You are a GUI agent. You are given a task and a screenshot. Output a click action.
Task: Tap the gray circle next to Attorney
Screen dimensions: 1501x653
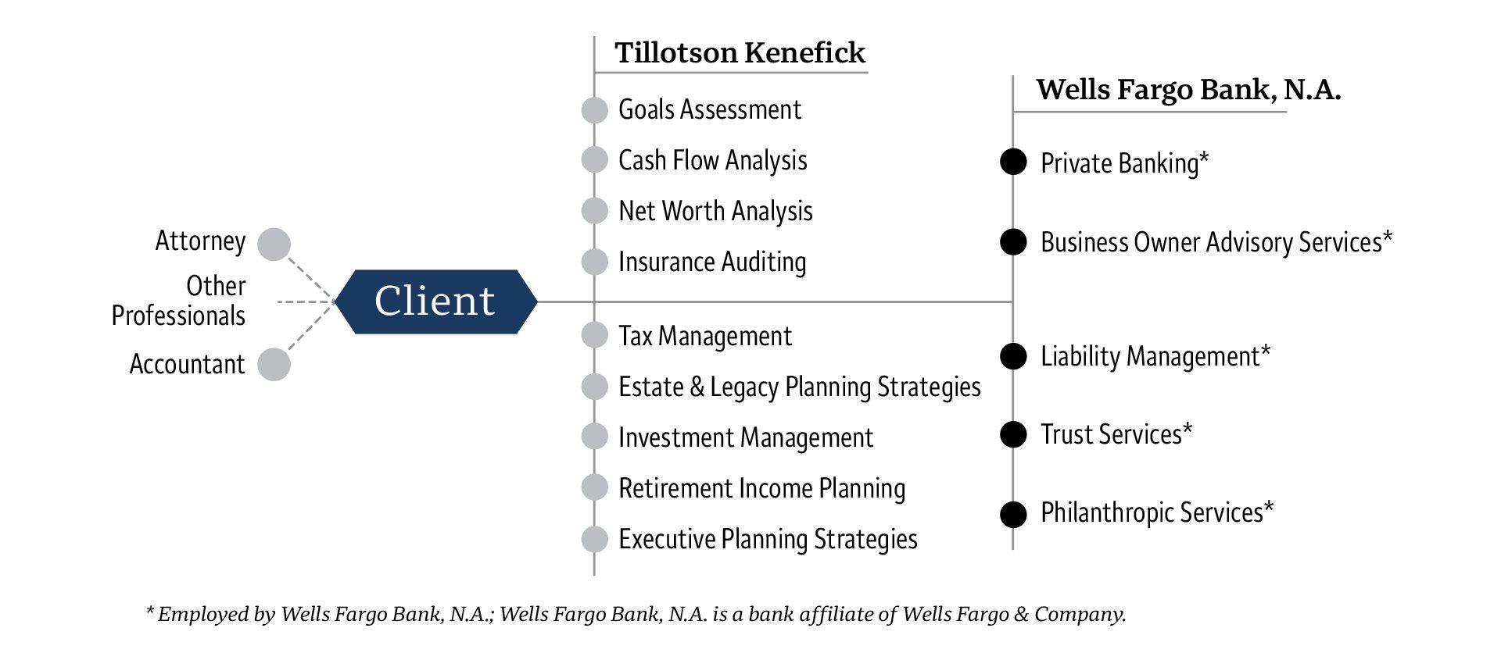274,244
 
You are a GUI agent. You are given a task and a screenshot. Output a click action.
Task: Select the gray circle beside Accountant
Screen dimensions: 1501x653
274,365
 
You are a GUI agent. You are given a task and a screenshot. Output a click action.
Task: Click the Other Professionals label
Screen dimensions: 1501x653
178,301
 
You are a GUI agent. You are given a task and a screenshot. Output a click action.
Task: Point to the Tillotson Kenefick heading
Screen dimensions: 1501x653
740,53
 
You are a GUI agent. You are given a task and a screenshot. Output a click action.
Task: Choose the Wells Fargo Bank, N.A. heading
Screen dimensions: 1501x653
1188,90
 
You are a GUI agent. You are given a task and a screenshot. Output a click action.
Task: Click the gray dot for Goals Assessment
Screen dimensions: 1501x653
595,110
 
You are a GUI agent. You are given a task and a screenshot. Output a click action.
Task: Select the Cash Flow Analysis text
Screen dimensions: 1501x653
712,161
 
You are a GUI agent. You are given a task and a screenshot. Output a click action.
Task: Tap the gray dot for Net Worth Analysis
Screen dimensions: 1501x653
595,211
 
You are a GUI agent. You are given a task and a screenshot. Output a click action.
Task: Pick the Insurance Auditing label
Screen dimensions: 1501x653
711,262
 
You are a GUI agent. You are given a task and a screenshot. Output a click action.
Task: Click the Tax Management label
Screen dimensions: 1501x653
704,337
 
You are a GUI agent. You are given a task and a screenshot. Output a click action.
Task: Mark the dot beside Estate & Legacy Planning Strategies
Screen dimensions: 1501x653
595,387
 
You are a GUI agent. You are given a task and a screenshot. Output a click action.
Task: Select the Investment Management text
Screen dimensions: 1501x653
745,438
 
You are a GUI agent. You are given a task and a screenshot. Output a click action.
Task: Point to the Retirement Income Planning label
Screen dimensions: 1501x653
761,489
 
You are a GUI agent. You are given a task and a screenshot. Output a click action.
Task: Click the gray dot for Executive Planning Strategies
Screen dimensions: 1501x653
595,539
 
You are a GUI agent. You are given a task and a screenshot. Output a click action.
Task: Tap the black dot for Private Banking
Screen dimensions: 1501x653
1013,162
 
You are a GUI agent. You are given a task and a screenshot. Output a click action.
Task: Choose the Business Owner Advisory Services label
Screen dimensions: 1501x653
1216,242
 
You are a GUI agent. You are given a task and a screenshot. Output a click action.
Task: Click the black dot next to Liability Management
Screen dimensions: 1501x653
1013,356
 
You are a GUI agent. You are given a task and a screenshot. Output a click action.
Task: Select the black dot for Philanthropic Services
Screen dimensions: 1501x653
1013,515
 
